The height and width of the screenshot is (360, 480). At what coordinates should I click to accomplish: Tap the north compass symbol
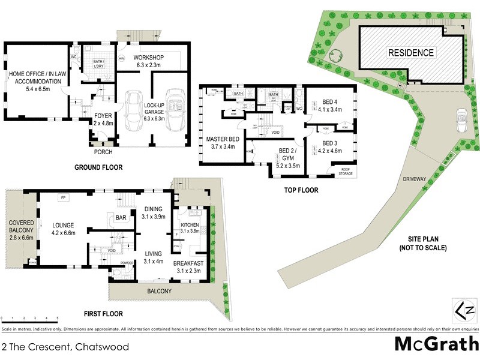[x=461, y=311]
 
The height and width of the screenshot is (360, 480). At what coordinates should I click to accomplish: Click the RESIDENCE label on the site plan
[x=410, y=53]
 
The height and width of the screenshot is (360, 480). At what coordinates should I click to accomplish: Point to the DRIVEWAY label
[x=416, y=179]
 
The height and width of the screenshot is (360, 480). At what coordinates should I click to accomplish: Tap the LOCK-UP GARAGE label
[x=154, y=109]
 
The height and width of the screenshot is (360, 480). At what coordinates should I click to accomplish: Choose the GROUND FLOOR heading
[x=98, y=168]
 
